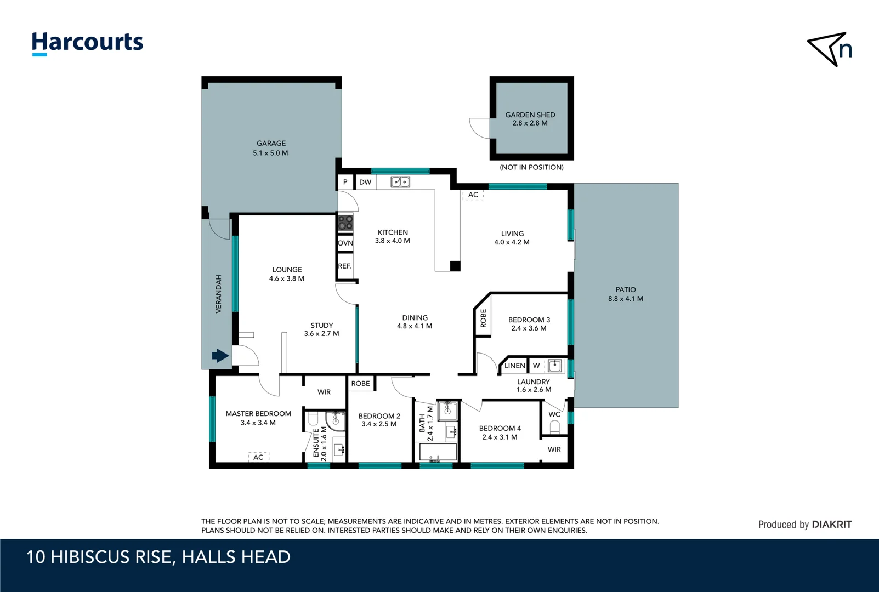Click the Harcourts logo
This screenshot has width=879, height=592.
pyautogui.click(x=88, y=44)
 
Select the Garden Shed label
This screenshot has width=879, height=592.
pyautogui.click(x=530, y=115)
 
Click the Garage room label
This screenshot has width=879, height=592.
pyautogui.click(x=271, y=144)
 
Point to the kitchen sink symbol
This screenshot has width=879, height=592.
pyautogui.click(x=400, y=181)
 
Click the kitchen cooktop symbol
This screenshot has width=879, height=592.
pyautogui.click(x=345, y=223)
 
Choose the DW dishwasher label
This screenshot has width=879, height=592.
pyautogui.click(x=365, y=182)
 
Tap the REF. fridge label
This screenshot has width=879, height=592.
pyautogui.click(x=344, y=266)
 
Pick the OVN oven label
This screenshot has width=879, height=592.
pyautogui.click(x=345, y=243)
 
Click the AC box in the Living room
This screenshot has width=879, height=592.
pyautogui.click(x=473, y=195)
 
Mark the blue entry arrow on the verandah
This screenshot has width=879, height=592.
pyautogui.click(x=220, y=356)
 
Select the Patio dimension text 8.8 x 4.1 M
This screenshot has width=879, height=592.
pyautogui.click(x=626, y=299)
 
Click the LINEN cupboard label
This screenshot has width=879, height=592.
pyautogui.click(x=515, y=366)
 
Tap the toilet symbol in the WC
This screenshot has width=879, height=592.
pyautogui.click(x=554, y=427)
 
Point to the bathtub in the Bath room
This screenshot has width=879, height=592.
pyautogui.click(x=438, y=452)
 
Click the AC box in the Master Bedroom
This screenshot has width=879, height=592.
pyautogui.click(x=259, y=457)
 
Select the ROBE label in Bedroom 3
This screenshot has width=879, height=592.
pyautogui.click(x=483, y=318)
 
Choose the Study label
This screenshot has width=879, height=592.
pyautogui.click(x=322, y=325)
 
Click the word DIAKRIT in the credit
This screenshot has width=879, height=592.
pyautogui.click(x=831, y=525)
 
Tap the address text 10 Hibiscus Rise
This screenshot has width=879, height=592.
pyautogui.click(x=99, y=557)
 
